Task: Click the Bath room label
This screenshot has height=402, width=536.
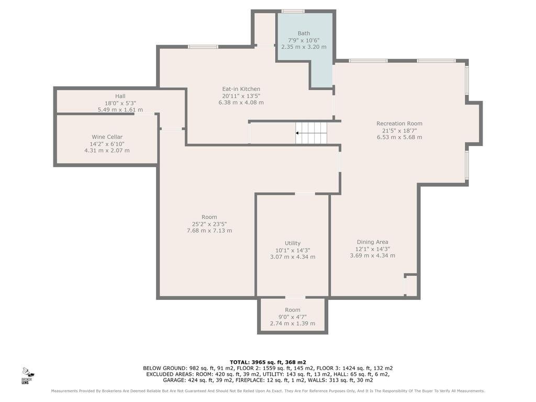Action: point(304,33)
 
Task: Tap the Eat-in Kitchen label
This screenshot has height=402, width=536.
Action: point(241,89)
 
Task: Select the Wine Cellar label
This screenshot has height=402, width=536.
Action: point(107,137)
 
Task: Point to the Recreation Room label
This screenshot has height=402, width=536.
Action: point(399,124)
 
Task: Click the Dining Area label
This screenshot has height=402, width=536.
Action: point(373,242)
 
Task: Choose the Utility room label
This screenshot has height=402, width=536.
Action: point(293,243)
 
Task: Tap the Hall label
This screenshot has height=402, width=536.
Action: point(120,96)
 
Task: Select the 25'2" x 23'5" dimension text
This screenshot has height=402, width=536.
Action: point(209,224)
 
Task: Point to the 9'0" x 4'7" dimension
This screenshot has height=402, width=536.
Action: point(293,317)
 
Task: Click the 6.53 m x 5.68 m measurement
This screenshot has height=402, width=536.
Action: point(399,137)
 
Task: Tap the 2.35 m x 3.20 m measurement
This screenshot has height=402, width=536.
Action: point(304,47)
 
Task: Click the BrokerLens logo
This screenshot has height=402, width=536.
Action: point(27,375)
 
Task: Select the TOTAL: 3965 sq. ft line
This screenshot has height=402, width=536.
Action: point(267,362)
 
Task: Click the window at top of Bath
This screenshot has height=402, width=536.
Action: point(293,12)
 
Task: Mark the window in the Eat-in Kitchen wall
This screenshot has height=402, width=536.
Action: point(203,47)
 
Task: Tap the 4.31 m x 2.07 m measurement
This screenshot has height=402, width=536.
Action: point(107,150)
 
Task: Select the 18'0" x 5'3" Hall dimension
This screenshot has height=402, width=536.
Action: point(120,103)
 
